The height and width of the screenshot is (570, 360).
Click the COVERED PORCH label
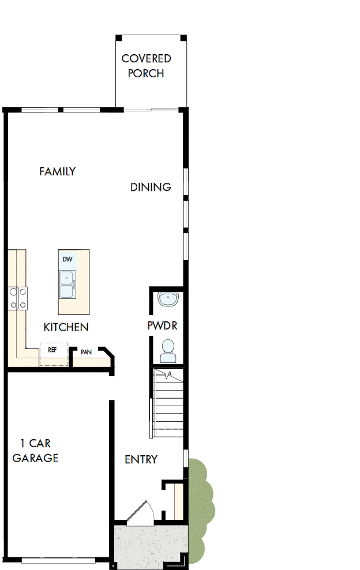[x=146, y=66]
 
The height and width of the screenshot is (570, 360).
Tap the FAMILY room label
[x=57, y=171]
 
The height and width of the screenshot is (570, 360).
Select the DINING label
[x=150, y=187]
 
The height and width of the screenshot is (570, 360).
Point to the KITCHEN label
[x=66, y=327]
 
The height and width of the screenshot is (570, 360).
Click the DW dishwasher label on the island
[x=67, y=260]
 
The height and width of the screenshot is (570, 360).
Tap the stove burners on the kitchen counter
[x=17, y=298]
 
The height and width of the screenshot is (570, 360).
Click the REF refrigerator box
[x=53, y=354]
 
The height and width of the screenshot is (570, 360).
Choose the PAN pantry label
[x=87, y=352]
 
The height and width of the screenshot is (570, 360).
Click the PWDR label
[x=162, y=326]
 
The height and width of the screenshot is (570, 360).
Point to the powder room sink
[x=168, y=299]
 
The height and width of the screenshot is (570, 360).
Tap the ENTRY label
[x=141, y=459]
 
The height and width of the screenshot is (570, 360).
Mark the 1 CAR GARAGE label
[x=36, y=451]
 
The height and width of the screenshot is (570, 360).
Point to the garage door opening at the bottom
[x=58, y=560]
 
